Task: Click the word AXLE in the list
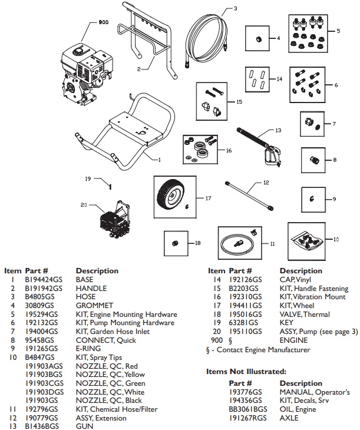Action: coord(289,417)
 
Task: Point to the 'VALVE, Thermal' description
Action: coord(304,315)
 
